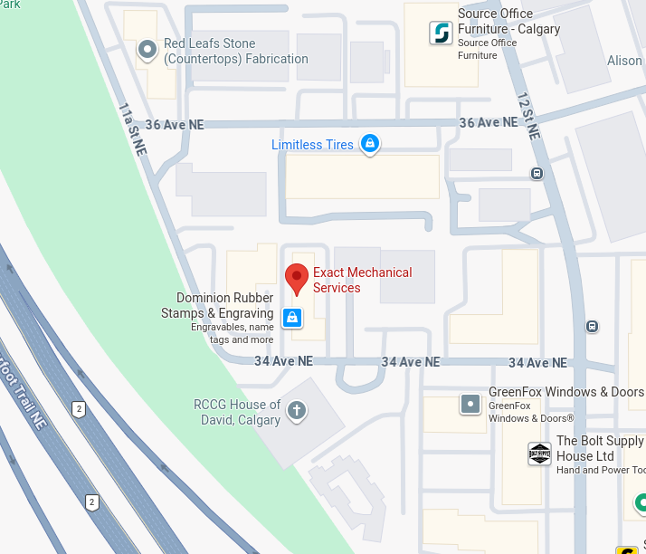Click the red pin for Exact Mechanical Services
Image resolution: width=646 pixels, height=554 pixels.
coord(297,279)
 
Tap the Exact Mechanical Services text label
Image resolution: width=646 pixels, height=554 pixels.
coord(362,280)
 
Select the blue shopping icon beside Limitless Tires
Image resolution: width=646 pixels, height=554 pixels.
coord(369,143)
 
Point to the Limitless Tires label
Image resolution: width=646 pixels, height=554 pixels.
coord(312,145)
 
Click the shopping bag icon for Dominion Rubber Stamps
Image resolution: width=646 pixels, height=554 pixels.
coord(291,317)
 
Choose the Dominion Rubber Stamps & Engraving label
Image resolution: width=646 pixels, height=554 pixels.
coord(225,306)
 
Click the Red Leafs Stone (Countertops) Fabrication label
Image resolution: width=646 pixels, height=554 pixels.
coord(235,51)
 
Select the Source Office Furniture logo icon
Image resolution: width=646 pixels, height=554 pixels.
coord(441,33)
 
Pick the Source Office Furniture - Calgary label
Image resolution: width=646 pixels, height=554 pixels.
coord(508,22)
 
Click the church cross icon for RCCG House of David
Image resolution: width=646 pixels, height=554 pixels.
coord(296,412)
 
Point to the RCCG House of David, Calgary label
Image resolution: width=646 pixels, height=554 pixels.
coord(237,412)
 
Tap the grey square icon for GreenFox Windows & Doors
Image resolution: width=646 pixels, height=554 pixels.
coord(470,404)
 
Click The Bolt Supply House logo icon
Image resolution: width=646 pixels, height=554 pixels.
coord(539,454)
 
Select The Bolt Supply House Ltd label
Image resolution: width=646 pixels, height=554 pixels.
coord(599,449)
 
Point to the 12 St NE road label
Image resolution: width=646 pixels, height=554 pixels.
coord(528,115)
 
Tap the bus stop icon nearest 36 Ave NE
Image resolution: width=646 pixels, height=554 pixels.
coord(537,173)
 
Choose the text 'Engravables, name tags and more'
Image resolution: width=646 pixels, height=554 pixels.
coord(233,333)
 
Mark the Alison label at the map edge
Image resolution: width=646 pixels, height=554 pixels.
coord(625,61)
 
